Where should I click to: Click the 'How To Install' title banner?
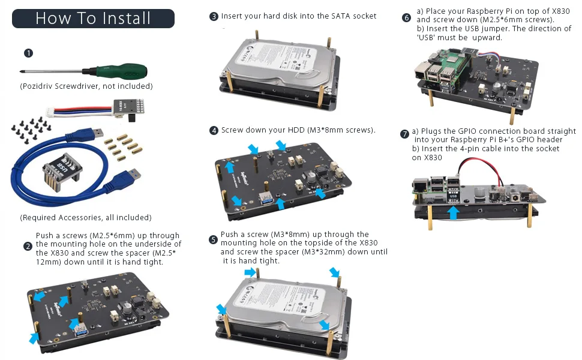[x=93, y=18]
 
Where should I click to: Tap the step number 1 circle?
[x=28, y=53]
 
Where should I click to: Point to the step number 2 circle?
[x=28, y=246]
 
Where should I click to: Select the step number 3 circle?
[x=214, y=16]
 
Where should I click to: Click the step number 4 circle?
[x=214, y=130]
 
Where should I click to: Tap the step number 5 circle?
[x=214, y=239]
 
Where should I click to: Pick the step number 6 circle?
[x=407, y=17]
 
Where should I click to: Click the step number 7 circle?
[x=405, y=134]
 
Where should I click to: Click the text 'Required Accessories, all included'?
[x=85, y=217]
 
